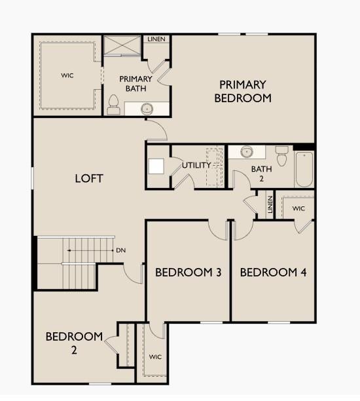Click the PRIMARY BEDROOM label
tap(243, 92)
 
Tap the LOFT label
tap(89, 178)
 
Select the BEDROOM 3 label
tap(189, 273)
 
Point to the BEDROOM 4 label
tap(273, 273)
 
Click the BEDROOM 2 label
tap(74, 343)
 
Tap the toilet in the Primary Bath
tap(113, 105)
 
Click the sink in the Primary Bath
tap(147, 109)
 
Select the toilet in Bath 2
tap(282, 156)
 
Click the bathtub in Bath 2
tap(304, 169)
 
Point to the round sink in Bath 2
tap(247, 152)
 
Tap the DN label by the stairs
tap(121, 250)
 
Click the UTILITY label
tap(196, 165)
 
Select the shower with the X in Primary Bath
tap(122, 45)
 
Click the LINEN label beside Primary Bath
tap(156, 39)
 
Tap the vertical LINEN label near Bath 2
tap(270, 204)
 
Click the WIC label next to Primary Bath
tap(67, 75)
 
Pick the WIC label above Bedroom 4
tap(298, 208)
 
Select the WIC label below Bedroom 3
tap(155, 356)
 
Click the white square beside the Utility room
tap(156, 166)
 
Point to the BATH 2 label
tap(261, 174)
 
